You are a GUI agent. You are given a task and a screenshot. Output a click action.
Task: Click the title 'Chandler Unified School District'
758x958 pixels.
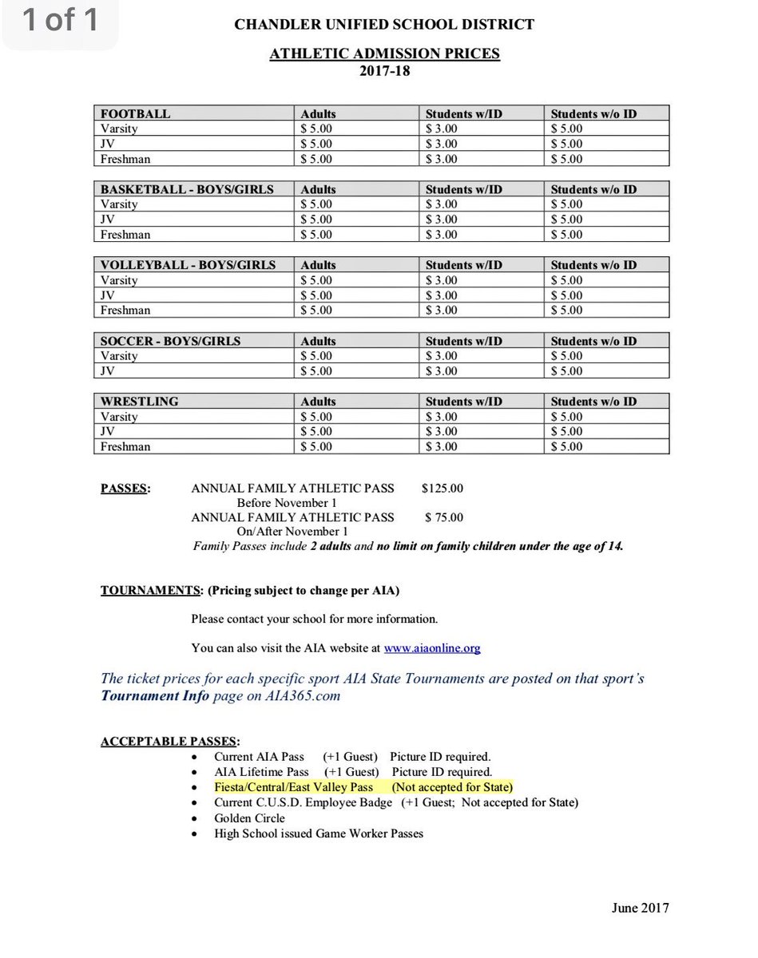384,25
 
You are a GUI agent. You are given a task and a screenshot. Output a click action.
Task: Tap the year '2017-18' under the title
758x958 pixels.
384,71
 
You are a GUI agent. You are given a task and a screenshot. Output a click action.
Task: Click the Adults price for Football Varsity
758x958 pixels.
316,129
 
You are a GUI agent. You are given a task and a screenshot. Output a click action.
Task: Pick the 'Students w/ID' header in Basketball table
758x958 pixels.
464,189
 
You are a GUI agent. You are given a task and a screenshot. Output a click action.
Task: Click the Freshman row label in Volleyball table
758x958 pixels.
125,310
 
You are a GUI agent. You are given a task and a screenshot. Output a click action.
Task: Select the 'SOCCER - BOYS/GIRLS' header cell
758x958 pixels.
170,341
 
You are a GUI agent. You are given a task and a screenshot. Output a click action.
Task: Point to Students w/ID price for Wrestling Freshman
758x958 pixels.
442,446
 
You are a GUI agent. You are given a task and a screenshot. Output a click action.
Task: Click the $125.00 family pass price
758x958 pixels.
442,488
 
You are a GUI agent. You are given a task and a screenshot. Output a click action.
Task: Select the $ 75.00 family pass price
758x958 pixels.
444,517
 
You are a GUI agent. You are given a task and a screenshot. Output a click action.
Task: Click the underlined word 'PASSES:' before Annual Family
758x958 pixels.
125,488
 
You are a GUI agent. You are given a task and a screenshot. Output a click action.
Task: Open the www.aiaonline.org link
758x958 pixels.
432,648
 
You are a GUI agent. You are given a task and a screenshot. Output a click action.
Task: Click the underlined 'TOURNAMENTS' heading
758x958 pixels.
150,591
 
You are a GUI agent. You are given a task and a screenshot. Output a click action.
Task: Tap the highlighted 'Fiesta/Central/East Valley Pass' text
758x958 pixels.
294,787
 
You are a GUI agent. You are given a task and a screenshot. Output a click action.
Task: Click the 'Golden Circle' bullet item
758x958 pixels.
249,817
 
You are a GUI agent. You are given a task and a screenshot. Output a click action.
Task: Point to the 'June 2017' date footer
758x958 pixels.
640,907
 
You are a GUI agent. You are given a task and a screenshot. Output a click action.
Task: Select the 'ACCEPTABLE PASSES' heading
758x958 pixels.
169,742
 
